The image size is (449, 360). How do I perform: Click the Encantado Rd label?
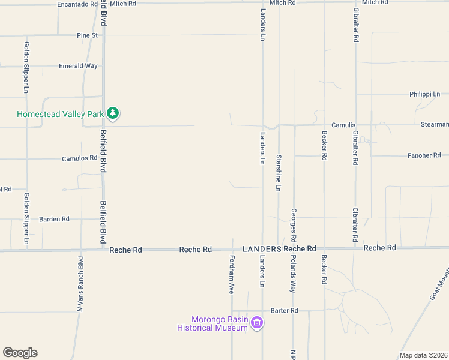pos(77,4)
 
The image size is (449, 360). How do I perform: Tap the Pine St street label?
pos(87,35)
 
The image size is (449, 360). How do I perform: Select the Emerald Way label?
pos(78,66)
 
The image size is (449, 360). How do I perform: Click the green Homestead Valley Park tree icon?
pos(112,113)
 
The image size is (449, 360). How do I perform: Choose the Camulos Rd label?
pos(79,158)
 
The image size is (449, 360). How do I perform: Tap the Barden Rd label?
pos(54,219)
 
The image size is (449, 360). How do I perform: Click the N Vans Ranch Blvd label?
pos(80,283)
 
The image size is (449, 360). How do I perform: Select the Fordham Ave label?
pos(231,275)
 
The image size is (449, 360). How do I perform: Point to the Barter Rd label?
pos(284,310)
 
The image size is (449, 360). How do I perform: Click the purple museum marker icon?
pos(257,323)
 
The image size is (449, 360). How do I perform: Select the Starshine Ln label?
pos(279,173)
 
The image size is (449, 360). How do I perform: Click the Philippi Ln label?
pos(424,94)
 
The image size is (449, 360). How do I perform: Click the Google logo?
pos(20,353)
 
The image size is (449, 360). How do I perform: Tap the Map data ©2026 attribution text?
pos(423,355)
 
